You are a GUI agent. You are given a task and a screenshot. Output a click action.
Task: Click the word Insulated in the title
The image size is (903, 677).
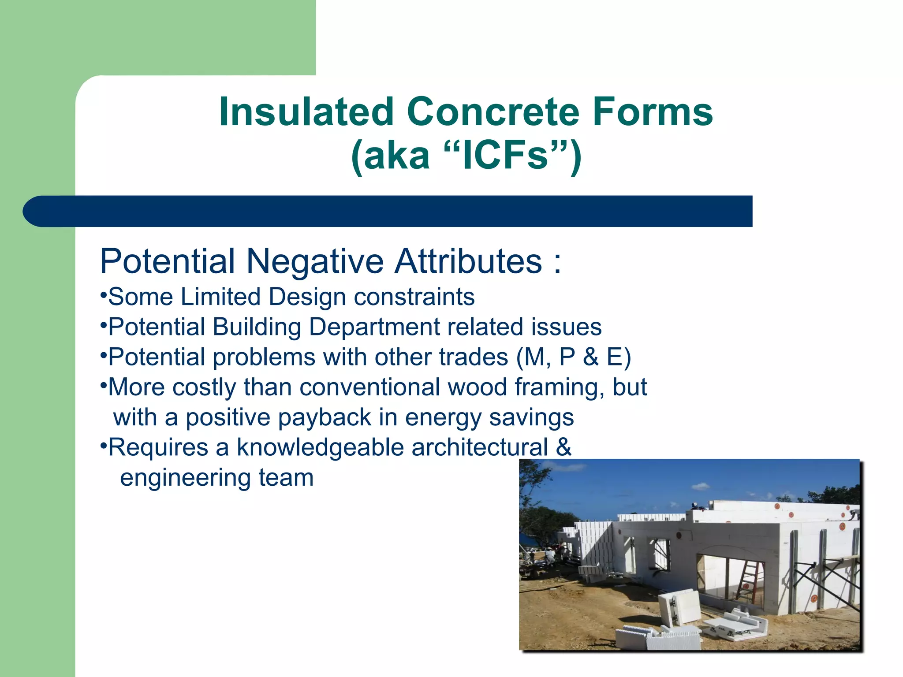[x=306, y=112]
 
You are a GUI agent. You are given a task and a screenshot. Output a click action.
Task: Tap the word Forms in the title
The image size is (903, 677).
[x=653, y=112]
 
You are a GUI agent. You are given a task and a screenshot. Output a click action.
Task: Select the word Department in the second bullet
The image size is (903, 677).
[x=374, y=327]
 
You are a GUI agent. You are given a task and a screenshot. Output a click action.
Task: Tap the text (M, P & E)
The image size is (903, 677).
[x=573, y=357]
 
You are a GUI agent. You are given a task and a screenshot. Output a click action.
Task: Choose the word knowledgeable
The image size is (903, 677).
[x=320, y=448]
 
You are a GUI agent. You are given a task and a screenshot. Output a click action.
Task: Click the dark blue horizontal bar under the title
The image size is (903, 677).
[x=388, y=212]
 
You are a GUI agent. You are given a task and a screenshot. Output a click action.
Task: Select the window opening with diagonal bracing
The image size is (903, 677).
[x=660, y=553]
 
